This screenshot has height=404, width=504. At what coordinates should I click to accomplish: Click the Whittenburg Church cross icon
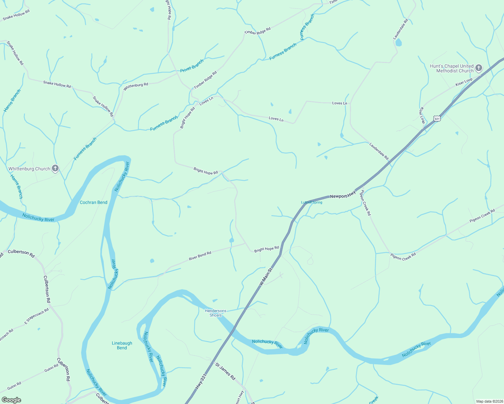tap(55, 169)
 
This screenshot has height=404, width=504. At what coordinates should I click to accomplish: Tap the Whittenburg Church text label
tap(29, 169)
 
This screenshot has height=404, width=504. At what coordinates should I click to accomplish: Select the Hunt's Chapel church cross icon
tap(478, 69)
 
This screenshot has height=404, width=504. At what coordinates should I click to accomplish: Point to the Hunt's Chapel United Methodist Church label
tap(452, 68)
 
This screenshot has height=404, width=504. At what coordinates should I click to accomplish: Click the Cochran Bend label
tap(93, 202)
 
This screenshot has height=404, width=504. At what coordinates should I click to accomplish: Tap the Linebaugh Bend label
tap(122, 345)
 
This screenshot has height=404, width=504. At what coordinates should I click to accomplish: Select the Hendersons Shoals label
tap(216, 313)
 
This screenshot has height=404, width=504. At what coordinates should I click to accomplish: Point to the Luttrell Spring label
tap(312, 202)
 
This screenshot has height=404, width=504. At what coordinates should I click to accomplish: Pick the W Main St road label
tap(266, 277)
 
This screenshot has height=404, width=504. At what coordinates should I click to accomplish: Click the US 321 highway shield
tap(437, 119)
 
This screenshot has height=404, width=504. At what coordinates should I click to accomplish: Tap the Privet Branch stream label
tap(192, 66)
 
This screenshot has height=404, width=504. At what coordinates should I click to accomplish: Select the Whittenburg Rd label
tap(136, 87)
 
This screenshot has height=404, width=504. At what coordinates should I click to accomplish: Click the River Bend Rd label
tap(200, 256)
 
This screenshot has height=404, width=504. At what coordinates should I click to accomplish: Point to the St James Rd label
tap(225, 371)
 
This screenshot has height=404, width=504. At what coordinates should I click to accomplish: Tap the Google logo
tap(11, 400)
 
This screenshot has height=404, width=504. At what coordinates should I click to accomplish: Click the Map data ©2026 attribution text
tap(489, 401)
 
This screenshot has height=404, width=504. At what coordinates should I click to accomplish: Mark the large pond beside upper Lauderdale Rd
tap(399, 43)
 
